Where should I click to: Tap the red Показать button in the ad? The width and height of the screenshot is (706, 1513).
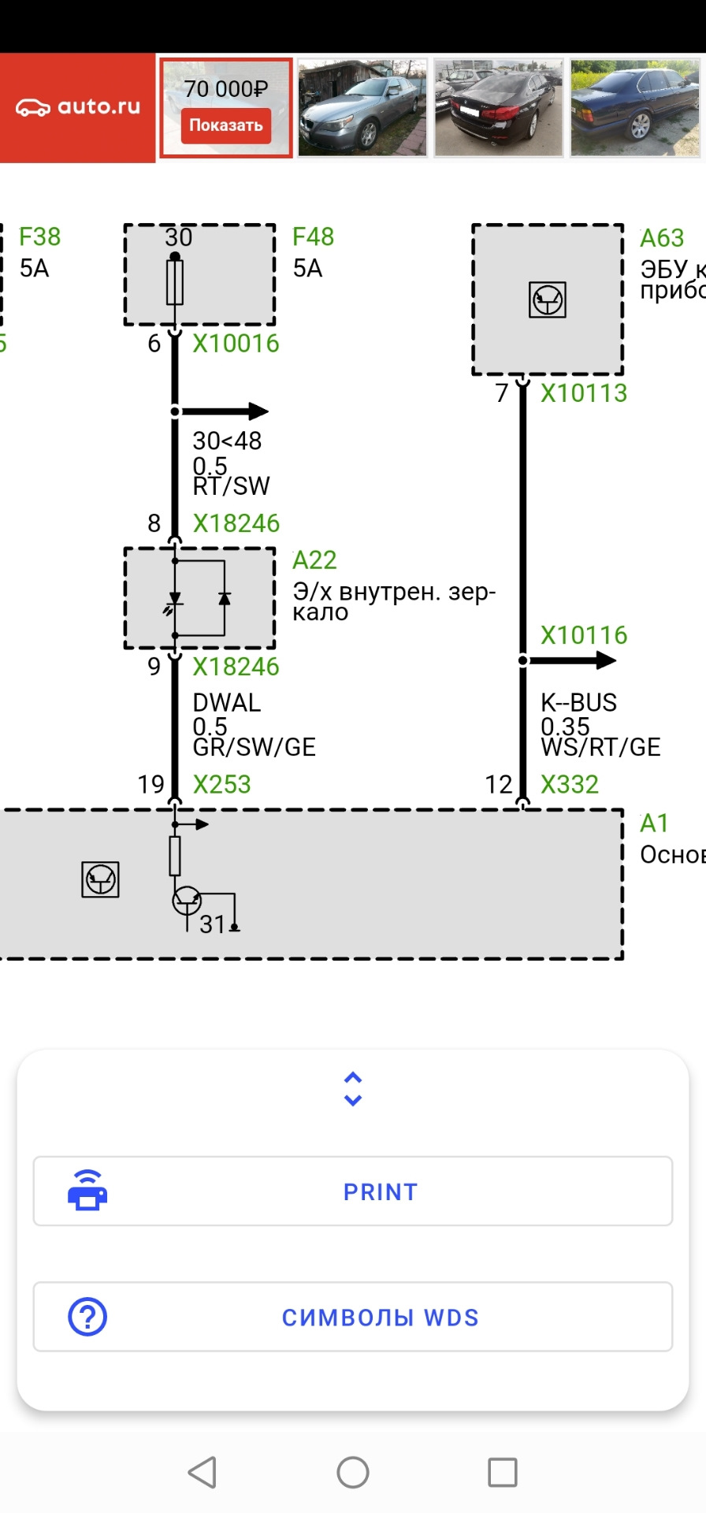(226, 125)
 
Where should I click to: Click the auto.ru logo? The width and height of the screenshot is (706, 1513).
(78, 107)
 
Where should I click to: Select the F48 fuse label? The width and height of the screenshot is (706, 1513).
(313, 236)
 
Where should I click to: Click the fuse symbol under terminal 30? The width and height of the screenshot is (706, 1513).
(175, 283)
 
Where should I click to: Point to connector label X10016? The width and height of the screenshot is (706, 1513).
(236, 344)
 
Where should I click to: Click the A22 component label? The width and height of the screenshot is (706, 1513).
(314, 560)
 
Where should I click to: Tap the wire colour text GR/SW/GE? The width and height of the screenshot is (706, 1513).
(254, 747)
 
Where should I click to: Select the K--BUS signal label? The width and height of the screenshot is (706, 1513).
(578, 702)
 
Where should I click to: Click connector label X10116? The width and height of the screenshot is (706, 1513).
(584, 635)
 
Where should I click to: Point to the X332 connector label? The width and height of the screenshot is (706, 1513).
(570, 784)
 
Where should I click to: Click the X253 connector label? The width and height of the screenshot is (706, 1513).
(221, 784)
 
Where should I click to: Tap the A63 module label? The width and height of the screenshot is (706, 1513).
(662, 238)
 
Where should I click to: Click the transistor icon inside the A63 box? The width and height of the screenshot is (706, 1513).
(548, 300)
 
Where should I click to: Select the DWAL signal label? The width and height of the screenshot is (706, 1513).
(226, 702)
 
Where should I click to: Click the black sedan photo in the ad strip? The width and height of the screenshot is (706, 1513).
(499, 108)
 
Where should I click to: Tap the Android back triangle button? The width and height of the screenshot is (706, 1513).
(203, 1472)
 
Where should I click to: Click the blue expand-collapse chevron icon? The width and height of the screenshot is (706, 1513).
(353, 1089)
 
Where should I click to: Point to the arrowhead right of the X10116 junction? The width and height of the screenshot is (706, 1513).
(605, 660)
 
